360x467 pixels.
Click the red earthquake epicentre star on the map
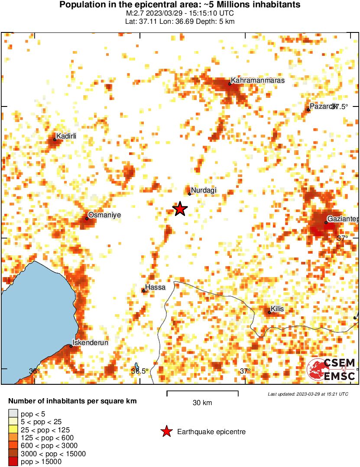pos(180,209)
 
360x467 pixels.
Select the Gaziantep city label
pos(342,219)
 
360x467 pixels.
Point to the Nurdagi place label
pos(204,190)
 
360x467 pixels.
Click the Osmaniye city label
pos(104,215)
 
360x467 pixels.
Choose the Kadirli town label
pos(66,136)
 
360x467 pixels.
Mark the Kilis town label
pos(278,309)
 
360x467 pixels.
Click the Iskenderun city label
pos(90,342)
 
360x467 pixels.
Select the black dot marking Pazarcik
pos(308,110)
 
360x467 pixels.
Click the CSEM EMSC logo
pos(331,370)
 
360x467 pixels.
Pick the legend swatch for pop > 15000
pos(13,462)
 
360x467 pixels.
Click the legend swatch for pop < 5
pos(13,414)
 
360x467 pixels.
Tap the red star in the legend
pos(165,432)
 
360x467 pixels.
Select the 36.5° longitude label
pos(139,370)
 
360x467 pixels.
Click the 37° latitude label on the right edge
pos(343,238)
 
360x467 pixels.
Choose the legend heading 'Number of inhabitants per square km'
pos(72,401)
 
